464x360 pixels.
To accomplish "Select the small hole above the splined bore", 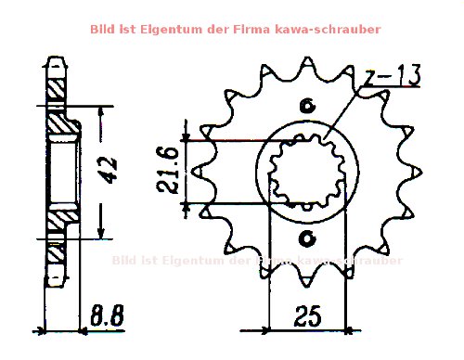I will tap(307, 106).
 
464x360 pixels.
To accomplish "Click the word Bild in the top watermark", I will tap(104, 29).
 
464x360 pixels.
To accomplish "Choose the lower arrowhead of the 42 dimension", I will tap(100, 231).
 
